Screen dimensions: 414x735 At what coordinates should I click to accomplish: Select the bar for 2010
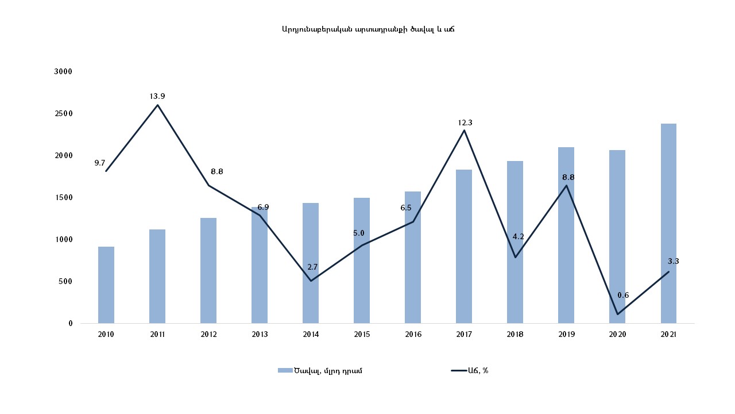[x=106, y=285]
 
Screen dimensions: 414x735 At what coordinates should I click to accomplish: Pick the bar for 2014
[x=311, y=263]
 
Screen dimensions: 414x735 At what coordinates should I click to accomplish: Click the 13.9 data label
[x=157, y=96]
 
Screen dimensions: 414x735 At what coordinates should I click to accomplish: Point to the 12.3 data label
[x=465, y=122]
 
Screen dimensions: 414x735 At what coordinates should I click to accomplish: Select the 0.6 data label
[x=623, y=295]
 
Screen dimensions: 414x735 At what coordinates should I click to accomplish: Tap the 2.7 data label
[x=312, y=267]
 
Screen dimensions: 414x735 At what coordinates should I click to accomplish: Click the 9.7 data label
[x=100, y=163]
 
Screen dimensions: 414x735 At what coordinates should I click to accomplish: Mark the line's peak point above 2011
[x=157, y=105]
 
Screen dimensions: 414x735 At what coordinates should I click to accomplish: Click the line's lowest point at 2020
[x=617, y=314]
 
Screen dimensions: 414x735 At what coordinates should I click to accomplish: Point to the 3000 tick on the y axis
[x=63, y=71]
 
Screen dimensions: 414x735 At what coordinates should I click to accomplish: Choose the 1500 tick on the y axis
[x=63, y=197]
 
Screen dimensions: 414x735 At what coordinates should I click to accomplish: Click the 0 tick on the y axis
[x=71, y=323]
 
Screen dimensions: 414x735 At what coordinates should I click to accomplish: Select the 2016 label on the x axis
[x=413, y=334]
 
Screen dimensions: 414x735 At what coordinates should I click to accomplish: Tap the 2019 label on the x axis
[x=566, y=334]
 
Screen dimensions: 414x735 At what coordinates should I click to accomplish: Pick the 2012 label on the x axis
[x=208, y=334]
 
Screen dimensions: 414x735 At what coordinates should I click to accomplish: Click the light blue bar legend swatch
[x=285, y=370]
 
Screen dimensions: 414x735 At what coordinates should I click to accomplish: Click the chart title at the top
[x=368, y=29]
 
